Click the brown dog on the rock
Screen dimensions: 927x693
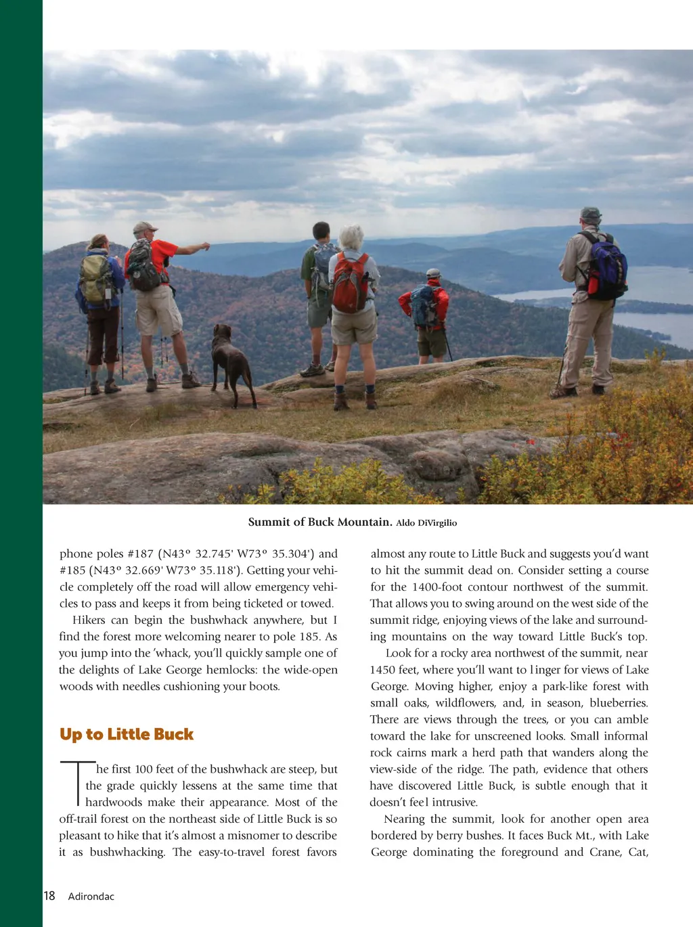pyautogui.click(x=230, y=362)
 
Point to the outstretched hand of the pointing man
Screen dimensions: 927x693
pyautogui.click(x=204, y=246)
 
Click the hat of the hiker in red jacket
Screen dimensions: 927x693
pyautogui.click(x=433, y=273)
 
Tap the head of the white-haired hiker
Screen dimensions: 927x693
pyautogui.click(x=351, y=237)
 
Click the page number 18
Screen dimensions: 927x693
pyautogui.click(x=49, y=896)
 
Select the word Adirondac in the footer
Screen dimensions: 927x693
pyautogui.click(x=91, y=897)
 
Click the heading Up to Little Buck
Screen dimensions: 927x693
pyautogui.click(x=127, y=734)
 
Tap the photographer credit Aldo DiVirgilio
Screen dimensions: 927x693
pyautogui.click(x=426, y=522)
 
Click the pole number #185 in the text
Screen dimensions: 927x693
pyautogui.click(x=72, y=570)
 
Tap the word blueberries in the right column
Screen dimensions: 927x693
pyautogui.click(x=619, y=703)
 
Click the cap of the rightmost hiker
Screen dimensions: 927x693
pyautogui.click(x=591, y=213)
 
